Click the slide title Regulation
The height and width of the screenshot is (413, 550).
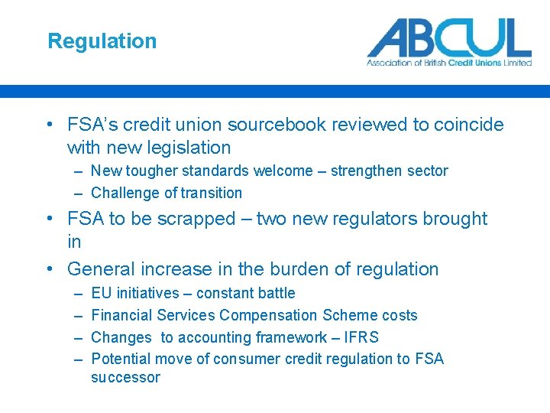pyautogui.click(x=102, y=41)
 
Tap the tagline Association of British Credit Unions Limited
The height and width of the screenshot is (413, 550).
pyautogui.click(x=449, y=63)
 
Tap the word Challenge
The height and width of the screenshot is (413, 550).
pyautogui.click(x=123, y=193)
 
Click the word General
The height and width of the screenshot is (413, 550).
pyautogui.click(x=102, y=269)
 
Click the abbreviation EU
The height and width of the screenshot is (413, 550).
pyautogui.click(x=101, y=293)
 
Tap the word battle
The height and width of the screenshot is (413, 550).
pyautogui.click(x=274, y=293)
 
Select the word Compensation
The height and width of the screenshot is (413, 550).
pyautogui.click(x=268, y=315)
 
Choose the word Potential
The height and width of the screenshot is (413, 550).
pyautogui.click(x=121, y=359)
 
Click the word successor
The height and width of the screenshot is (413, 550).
pyautogui.click(x=125, y=377)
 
